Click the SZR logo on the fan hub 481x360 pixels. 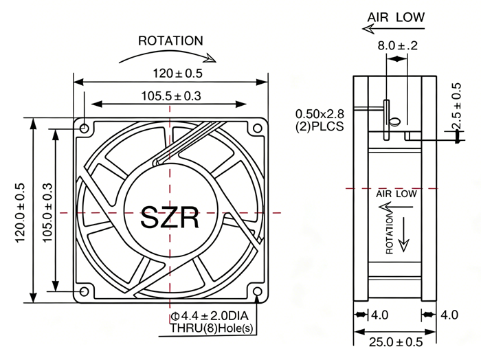point(170,217)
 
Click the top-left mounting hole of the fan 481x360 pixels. point(84,128)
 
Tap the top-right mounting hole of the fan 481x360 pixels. point(258,128)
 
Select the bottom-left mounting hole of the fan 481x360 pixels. point(84,291)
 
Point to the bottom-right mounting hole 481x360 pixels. point(258,291)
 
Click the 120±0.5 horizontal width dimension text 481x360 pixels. point(178,74)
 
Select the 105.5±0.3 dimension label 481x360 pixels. point(171,96)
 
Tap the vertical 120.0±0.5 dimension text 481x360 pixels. point(20,212)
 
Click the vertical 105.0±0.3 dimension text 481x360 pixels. point(47,212)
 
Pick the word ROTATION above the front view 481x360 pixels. point(170,41)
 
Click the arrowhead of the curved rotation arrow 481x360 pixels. point(211,58)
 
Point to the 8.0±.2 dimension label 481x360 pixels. point(398,46)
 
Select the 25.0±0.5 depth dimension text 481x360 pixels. point(396,342)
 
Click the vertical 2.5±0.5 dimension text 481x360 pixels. point(456,106)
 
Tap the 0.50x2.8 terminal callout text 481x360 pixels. point(320,114)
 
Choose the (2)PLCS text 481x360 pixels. point(320,126)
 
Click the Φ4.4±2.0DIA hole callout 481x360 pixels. point(210,315)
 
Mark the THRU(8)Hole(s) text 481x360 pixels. point(212,328)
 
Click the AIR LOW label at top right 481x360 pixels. point(396,17)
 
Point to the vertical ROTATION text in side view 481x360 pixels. point(390,234)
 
